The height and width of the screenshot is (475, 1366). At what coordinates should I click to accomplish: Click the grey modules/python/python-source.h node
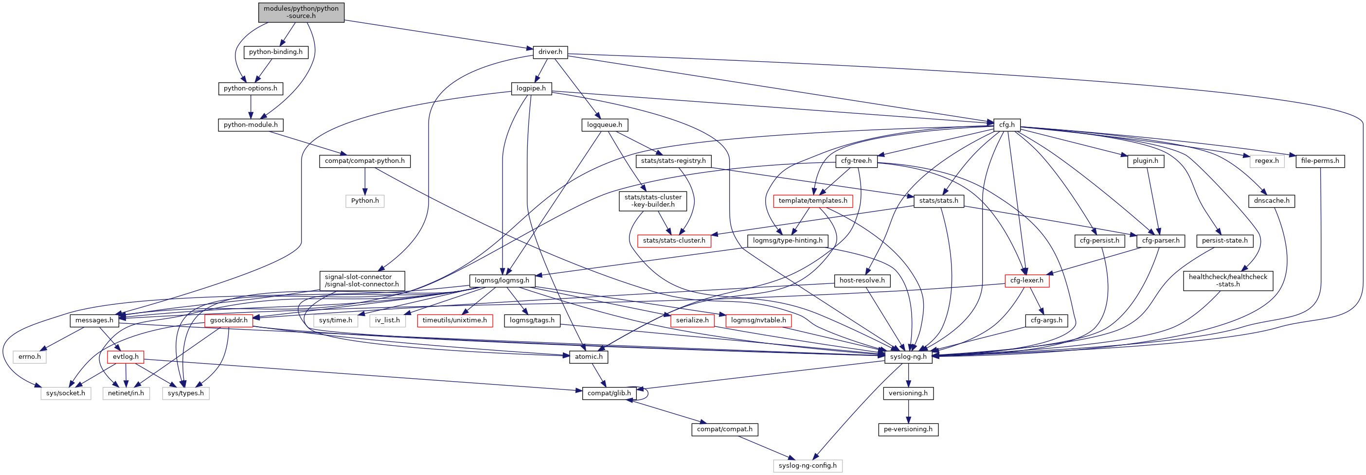point(301,12)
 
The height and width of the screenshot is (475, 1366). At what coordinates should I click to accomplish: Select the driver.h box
point(550,52)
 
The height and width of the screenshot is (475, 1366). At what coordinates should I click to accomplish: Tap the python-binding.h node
point(276,52)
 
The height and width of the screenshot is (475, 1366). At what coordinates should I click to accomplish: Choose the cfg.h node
point(1007,125)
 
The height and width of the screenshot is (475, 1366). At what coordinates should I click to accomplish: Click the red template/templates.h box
point(812,201)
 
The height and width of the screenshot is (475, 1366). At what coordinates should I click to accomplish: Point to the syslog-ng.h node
point(908,357)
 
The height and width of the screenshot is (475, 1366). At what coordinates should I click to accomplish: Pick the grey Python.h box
point(365,201)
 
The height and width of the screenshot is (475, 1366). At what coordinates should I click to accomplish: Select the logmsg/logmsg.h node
point(502,281)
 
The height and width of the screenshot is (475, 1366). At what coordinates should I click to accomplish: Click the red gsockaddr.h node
point(229,321)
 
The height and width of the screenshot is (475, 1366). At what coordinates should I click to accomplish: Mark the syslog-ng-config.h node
point(807,466)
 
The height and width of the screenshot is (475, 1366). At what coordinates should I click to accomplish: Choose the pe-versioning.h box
point(908,429)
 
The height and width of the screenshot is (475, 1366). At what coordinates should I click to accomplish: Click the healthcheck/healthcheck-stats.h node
point(1227,281)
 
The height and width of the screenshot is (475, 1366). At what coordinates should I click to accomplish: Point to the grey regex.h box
point(1267,161)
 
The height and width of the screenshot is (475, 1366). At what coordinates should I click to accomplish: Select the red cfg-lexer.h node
point(1026,281)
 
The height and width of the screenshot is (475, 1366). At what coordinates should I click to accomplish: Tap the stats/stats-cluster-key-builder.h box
point(653,201)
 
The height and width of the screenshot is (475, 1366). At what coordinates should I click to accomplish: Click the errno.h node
point(30,357)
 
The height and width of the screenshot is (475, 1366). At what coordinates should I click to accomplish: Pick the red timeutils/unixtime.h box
point(454,321)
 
